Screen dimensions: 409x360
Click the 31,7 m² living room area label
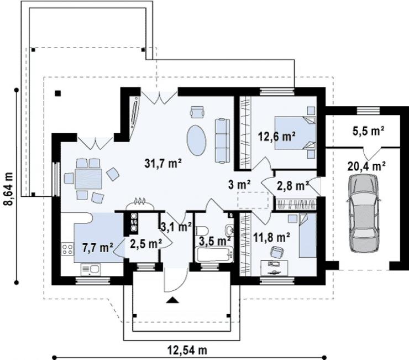[x=163, y=164]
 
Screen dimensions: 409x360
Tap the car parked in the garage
[x=364, y=213]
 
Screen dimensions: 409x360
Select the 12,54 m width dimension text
[x=187, y=350]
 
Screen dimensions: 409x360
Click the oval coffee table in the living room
[x=196, y=140]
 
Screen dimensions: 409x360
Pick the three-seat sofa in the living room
[x=223, y=141]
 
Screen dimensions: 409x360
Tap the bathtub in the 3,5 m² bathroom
[x=214, y=254]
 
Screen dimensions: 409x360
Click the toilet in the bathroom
[x=202, y=231]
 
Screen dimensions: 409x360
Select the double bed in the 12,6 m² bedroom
[x=295, y=133]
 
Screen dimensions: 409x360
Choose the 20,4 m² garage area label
[x=366, y=166]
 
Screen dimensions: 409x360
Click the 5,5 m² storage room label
[x=368, y=131]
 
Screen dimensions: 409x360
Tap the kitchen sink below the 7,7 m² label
[x=91, y=269]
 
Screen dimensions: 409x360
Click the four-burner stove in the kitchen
[x=67, y=249]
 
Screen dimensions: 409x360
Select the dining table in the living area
[x=88, y=179]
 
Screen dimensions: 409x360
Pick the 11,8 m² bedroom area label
[x=271, y=237]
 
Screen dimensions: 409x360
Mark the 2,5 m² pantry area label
[x=146, y=244]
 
